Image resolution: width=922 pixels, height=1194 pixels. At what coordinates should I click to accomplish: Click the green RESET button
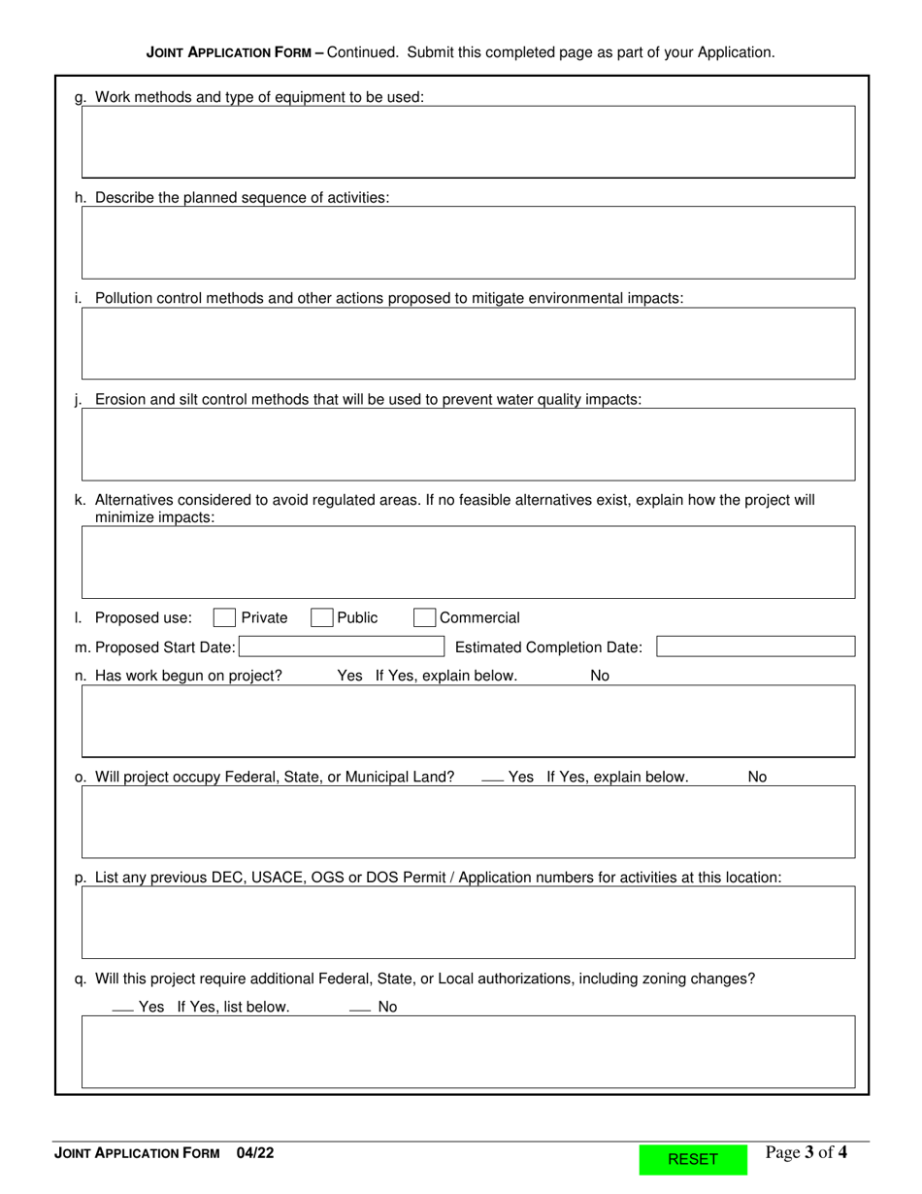693,1159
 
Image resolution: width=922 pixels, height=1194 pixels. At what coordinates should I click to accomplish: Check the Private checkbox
224,618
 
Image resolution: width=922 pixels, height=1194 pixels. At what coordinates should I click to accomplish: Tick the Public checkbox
322,618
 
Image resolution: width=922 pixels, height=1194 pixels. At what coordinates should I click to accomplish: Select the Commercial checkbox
424,618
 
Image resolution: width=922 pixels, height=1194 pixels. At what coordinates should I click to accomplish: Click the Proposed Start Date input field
341,647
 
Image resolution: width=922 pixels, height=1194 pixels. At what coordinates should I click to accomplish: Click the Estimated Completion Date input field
755,647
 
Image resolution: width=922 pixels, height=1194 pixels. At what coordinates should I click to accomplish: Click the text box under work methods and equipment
468,142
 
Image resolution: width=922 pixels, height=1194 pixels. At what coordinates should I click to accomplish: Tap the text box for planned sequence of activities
468,243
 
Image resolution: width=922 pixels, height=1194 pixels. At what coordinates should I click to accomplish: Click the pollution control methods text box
468,344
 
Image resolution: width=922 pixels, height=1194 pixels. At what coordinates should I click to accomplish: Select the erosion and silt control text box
468,445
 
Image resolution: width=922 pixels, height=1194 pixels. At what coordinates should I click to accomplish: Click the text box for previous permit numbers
468,922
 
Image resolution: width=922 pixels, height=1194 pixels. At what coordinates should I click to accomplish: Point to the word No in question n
600,676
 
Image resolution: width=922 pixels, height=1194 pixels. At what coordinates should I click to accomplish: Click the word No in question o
757,777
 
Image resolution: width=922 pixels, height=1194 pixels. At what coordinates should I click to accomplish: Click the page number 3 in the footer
808,1152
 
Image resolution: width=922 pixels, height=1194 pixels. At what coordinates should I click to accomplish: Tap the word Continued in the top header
362,52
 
